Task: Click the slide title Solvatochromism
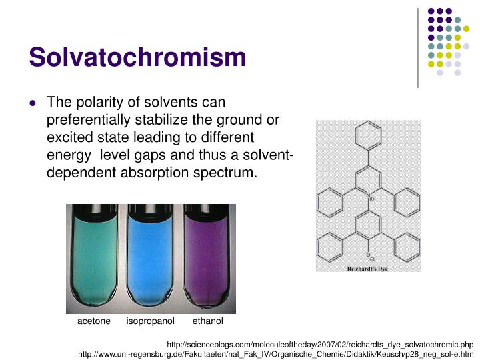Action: pos(137,57)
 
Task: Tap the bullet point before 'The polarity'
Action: pos(33,103)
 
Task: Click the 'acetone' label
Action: pos(94,321)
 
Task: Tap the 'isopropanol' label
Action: pos(151,321)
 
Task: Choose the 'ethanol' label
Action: pos(208,321)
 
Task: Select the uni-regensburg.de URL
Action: pos(275,354)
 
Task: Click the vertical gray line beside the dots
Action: pos(418,47)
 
